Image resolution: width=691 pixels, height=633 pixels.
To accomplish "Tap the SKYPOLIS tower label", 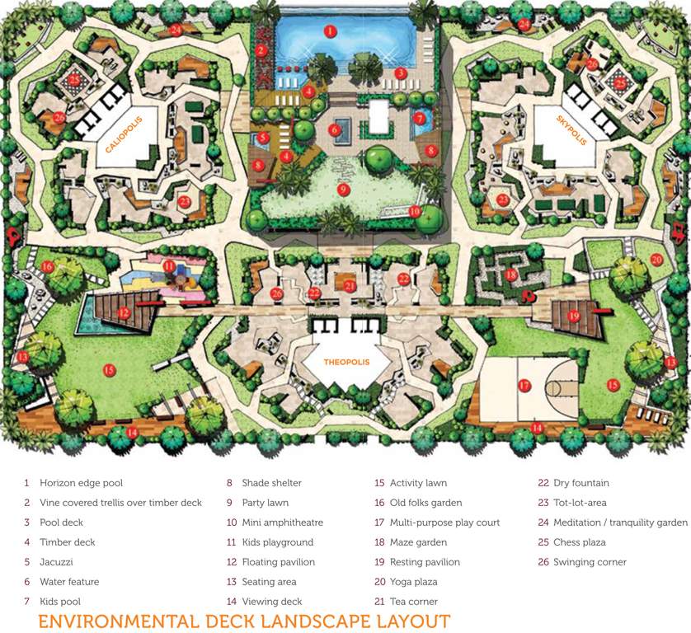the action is point(573,129).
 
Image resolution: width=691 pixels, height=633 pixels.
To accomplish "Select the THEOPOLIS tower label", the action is point(345,362).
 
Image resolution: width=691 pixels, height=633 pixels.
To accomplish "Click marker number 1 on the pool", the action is point(329,30).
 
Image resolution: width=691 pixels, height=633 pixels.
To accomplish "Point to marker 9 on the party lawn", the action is point(343,189).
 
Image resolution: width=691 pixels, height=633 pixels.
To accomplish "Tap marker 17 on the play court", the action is point(524,385).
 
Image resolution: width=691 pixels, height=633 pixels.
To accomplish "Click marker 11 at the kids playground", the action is point(168,265).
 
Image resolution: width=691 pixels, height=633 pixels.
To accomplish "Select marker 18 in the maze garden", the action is point(510,274).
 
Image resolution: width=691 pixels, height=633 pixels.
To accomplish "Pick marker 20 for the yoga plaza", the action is point(656,259).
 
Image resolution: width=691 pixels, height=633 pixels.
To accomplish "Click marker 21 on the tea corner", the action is point(350,286).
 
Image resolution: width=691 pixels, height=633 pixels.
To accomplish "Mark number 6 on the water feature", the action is point(334,129).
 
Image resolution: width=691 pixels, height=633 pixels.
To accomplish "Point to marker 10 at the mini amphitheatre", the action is point(414,210).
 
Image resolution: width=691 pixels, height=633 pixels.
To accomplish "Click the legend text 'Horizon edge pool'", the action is point(81,483).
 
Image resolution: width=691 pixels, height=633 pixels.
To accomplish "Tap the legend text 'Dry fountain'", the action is point(581,483).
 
